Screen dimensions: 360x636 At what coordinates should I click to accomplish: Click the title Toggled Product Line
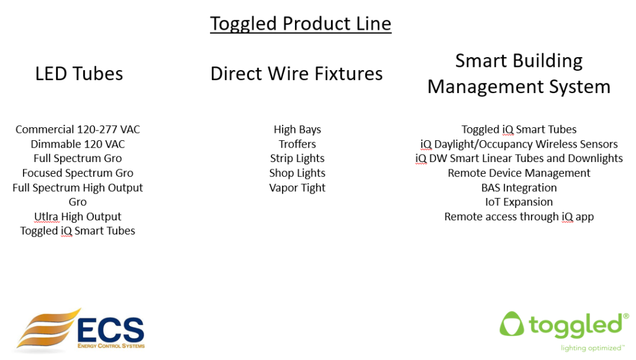[x=301, y=24]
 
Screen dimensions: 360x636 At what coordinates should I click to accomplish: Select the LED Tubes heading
[x=79, y=74]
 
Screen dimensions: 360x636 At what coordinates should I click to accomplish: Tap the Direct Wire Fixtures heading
[x=296, y=74]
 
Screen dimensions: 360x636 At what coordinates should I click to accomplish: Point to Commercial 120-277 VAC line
[x=78, y=130]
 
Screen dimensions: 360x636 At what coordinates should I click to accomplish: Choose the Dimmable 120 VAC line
[x=78, y=144]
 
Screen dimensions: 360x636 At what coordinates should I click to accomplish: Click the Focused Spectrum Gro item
[x=78, y=173]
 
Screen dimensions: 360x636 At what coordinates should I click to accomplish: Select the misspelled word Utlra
[x=47, y=217]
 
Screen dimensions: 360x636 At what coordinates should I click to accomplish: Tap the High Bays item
[x=297, y=130]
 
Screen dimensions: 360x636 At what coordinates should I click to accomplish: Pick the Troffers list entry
[x=297, y=144]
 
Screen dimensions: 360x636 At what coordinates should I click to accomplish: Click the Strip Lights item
[x=297, y=158]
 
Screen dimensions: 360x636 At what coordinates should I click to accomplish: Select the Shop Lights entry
[x=297, y=173]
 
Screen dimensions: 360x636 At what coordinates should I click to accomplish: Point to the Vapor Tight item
[x=297, y=187]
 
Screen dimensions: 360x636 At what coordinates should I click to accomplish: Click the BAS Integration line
[x=519, y=187]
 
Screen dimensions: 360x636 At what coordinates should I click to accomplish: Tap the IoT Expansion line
[x=519, y=202]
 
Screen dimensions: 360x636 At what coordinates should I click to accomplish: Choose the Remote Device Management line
[x=519, y=173]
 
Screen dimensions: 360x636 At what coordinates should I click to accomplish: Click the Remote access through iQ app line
[x=519, y=217]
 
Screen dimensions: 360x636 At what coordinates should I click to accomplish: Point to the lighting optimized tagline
[x=592, y=348]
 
